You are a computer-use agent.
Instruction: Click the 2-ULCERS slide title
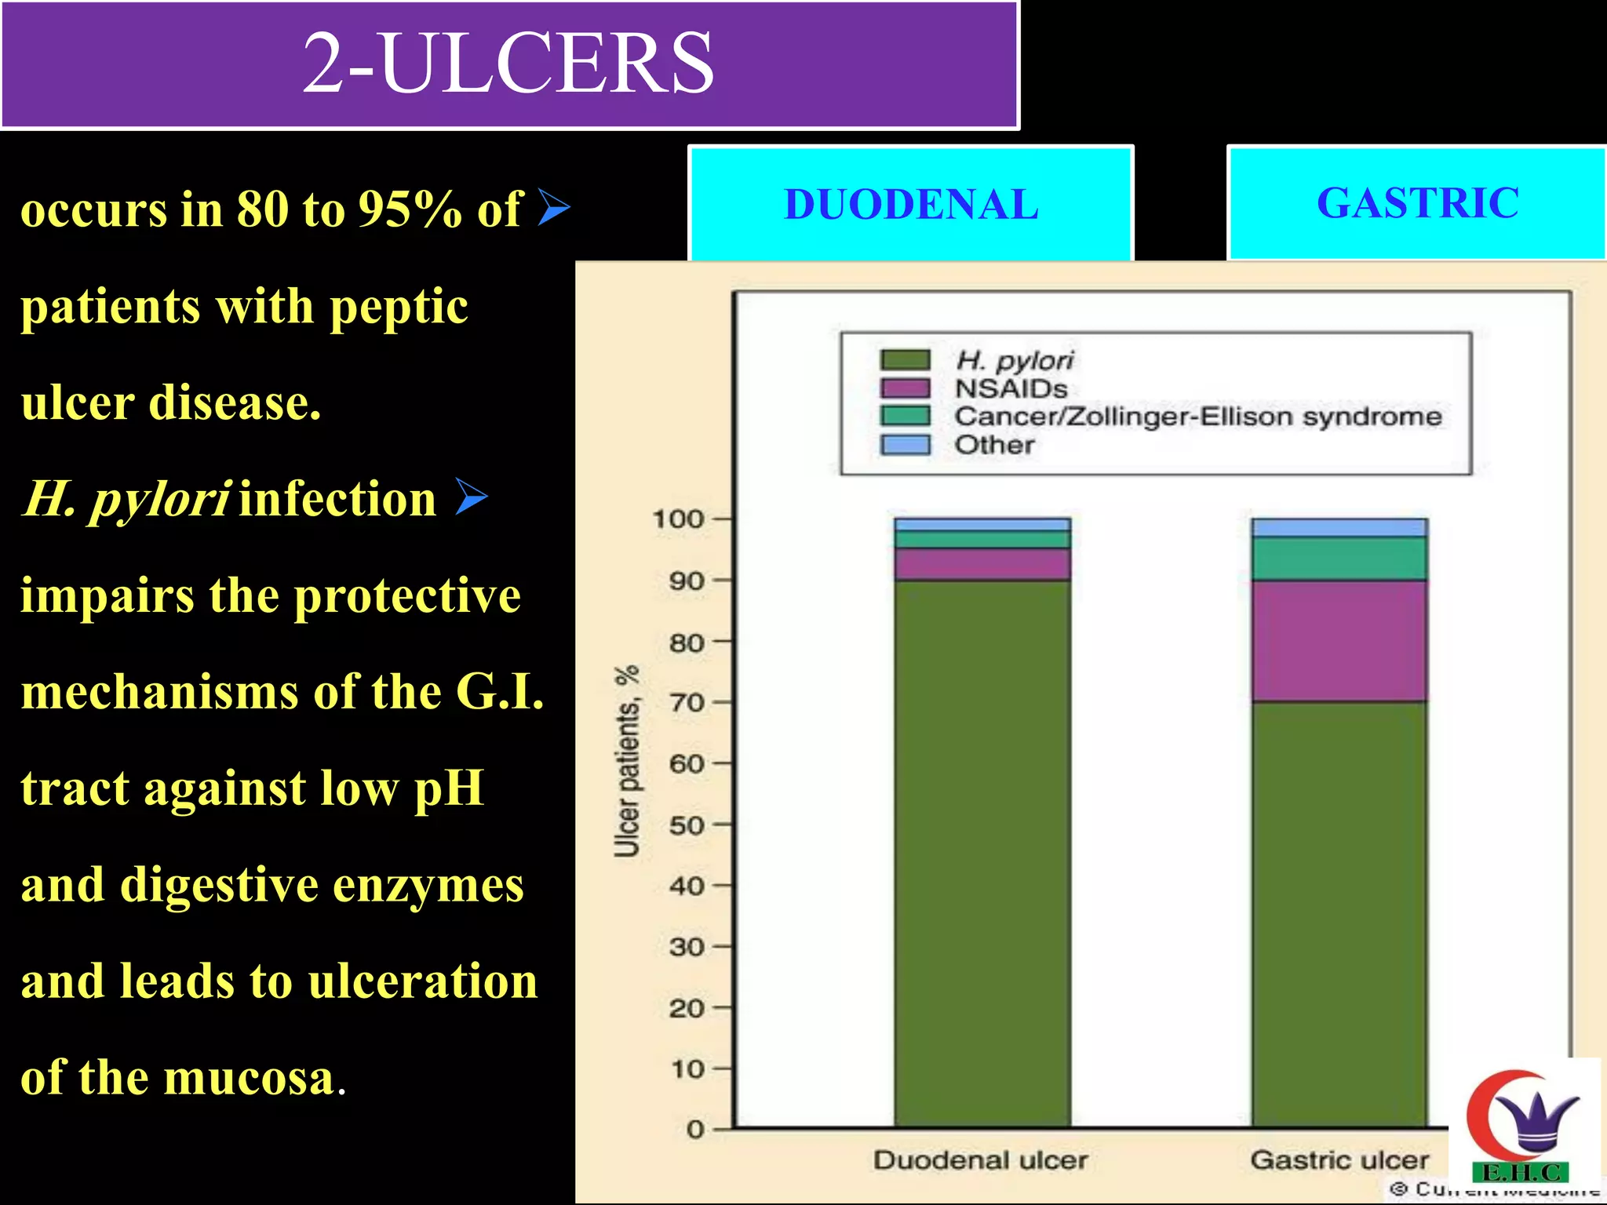[x=508, y=63]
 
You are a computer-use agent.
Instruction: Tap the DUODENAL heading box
[x=911, y=204]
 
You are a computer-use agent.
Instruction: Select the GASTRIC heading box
[x=1417, y=203]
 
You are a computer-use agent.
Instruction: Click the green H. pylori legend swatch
[x=905, y=360]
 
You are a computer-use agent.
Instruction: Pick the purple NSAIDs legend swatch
[x=905, y=388]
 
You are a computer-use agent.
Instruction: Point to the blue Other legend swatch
[x=905, y=445]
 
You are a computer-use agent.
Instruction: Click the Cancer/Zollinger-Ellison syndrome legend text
[x=1197, y=417]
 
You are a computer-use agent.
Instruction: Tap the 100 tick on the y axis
[x=680, y=519]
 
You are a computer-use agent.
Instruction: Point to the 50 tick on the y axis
[x=687, y=825]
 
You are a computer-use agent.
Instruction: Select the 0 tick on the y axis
[x=696, y=1130]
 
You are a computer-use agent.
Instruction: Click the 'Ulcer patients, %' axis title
[x=627, y=761]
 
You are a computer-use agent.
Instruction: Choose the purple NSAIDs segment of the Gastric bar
[x=1339, y=641]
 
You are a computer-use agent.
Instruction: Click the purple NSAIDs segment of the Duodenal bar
[x=982, y=564]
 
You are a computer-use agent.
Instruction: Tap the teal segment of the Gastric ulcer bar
[x=1339, y=559]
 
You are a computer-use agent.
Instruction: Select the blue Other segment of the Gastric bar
[x=1339, y=527]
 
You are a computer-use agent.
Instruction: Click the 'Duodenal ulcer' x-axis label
[x=981, y=1160]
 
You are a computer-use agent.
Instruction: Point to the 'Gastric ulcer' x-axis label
[x=1339, y=1159]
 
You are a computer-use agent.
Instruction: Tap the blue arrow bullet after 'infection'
[x=471, y=497]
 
